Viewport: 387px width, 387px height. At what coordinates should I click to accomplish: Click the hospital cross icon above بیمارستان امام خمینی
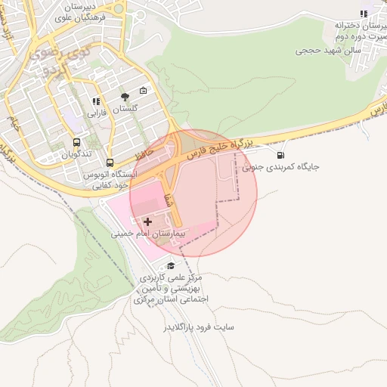[147, 221]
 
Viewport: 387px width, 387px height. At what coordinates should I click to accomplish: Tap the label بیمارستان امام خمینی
[148, 234]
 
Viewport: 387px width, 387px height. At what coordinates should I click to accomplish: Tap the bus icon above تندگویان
[76, 142]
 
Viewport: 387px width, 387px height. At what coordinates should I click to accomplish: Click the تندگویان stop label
[76, 154]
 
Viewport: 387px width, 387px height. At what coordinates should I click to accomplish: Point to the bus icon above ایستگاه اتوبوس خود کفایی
[111, 163]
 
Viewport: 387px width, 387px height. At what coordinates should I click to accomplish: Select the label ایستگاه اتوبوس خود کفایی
[113, 179]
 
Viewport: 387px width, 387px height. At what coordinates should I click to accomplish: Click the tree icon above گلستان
[125, 97]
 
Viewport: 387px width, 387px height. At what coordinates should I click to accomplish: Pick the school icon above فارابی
[95, 101]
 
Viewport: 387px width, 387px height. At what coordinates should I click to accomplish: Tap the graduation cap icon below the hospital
[172, 265]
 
